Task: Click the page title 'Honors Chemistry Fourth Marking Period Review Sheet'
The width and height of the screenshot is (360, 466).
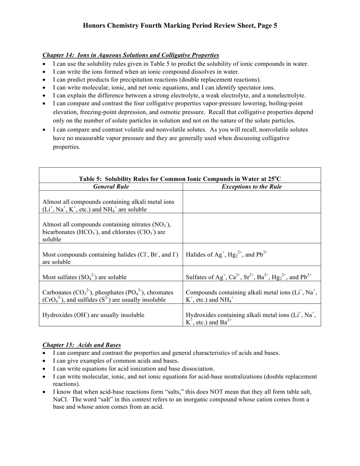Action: (x=180, y=26)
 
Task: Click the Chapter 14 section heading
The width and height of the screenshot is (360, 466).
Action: (x=130, y=55)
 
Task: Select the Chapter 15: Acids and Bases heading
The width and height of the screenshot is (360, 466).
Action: (x=81, y=345)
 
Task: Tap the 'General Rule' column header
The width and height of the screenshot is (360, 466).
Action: (x=111, y=187)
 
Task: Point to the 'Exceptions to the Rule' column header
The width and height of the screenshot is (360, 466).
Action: (x=252, y=187)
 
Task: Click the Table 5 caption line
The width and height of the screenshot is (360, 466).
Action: (x=180, y=179)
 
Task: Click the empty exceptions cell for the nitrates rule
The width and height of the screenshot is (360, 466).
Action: (x=252, y=228)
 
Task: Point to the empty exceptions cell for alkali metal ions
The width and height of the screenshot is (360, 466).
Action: (x=252, y=202)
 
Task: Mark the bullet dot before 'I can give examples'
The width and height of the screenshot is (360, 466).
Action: (x=45, y=361)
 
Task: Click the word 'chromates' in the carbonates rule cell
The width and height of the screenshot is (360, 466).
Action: (x=160, y=292)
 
